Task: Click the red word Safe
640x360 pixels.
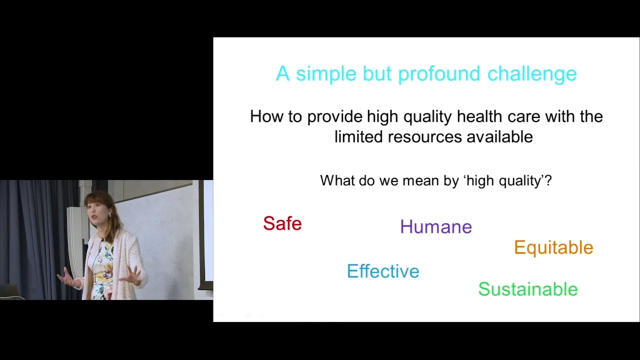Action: (x=282, y=223)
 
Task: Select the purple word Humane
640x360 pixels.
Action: (x=436, y=227)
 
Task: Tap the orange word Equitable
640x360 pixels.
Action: (x=553, y=247)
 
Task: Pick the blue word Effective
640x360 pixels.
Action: (x=383, y=271)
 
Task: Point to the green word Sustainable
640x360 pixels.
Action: (x=528, y=289)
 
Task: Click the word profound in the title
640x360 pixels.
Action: (x=439, y=74)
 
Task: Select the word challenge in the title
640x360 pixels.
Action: (x=532, y=74)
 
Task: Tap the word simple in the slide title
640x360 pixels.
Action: (x=326, y=74)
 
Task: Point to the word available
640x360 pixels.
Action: (x=499, y=136)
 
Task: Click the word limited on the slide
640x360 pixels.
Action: (x=358, y=136)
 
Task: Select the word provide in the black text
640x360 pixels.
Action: (x=335, y=117)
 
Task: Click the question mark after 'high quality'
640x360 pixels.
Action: (x=548, y=180)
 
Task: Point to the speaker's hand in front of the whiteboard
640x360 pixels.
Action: (x=131, y=275)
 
